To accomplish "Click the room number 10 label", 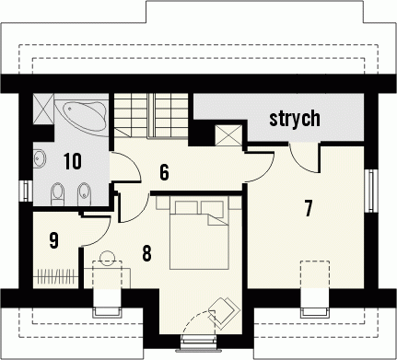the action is [x=73, y=161].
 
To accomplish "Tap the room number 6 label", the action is [x=164, y=172].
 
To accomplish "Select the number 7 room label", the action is [x=309, y=208].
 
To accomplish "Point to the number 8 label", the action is [x=146, y=253].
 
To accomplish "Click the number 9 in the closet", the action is [x=53, y=240].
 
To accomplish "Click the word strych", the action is [x=295, y=118].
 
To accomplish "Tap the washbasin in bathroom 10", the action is [x=40, y=158].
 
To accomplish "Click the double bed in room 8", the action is [x=199, y=235].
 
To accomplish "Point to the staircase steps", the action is [x=151, y=116].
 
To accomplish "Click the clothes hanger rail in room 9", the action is [x=56, y=276].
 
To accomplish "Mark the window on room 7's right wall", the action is [x=371, y=191].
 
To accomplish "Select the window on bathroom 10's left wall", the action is [x=26, y=191].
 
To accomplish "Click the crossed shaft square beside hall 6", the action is [x=228, y=135].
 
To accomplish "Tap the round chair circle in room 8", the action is [x=108, y=258].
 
